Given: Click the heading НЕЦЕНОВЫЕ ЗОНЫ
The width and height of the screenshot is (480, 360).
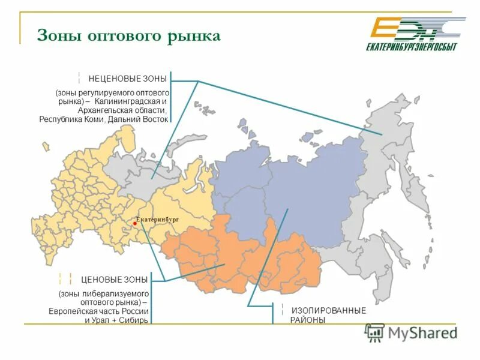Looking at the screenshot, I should pyautogui.click(x=128, y=79).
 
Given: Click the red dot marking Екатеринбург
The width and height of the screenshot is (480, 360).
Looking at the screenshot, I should pyautogui.click(x=136, y=225).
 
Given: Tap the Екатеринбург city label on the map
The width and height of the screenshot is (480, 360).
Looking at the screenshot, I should pyautogui.click(x=158, y=220).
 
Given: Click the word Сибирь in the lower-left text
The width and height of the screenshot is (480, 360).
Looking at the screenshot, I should pyautogui.click(x=136, y=320).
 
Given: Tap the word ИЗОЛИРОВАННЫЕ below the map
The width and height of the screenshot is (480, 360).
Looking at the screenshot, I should pyautogui.click(x=328, y=310).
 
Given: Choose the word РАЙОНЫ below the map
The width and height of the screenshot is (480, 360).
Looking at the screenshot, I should pyautogui.click(x=308, y=320).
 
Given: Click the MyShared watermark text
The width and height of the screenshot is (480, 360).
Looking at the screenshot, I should pyautogui.click(x=422, y=332).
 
